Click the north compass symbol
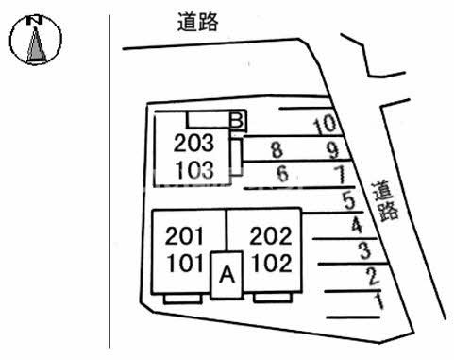tap(35, 41)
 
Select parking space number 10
tap(323, 124)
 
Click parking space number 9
tap(332, 149)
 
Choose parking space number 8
tap(276, 149)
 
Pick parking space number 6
tap(281, 174)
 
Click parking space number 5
tap(348, 200)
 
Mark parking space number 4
tap(356, 226)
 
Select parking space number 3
tap(363, 251)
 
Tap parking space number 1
tap(378, 302)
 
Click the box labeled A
tap(226, 275)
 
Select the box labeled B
tap(237, 120)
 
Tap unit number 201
tap(184, 235)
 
